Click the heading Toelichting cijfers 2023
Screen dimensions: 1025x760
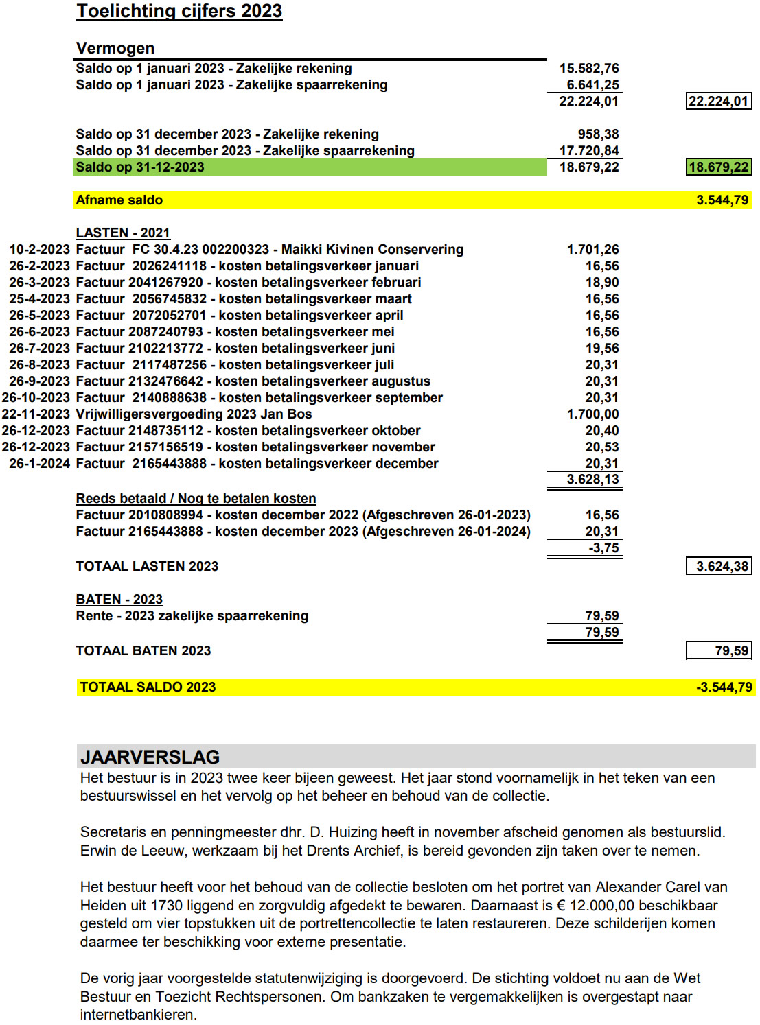179,11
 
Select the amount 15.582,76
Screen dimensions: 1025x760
588,68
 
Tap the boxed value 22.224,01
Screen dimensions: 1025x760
718,101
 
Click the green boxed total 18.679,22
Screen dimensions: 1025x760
718,167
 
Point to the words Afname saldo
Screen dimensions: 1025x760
119,200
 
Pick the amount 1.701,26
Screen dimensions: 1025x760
592,249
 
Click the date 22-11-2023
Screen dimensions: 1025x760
36,414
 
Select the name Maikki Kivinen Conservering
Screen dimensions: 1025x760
372,249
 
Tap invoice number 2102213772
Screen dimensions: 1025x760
165,348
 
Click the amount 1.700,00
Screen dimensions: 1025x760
592,414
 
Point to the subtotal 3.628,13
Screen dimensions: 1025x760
592,479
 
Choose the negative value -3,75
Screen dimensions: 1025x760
603,547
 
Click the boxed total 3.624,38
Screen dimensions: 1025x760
722,566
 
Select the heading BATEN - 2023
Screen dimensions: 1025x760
119,599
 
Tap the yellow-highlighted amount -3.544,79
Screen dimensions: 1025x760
724,687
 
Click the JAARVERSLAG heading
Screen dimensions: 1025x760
150,757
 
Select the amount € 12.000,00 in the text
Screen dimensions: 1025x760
611,906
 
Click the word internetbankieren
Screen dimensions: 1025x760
137,1015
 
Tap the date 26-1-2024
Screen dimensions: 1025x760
39,463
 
